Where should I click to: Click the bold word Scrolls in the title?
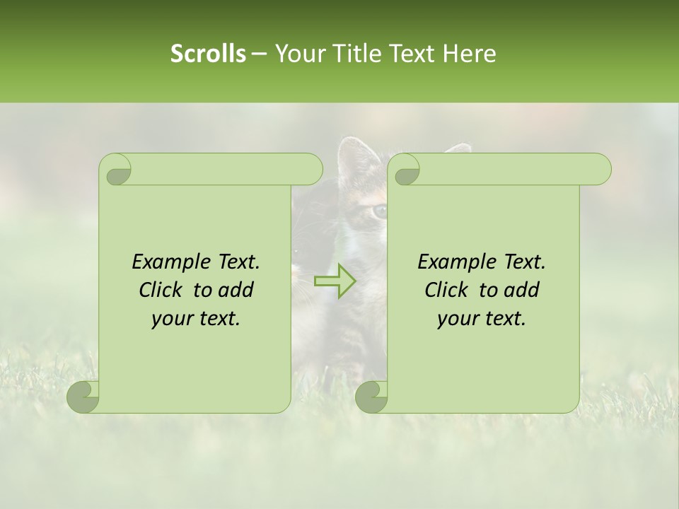pos(208,54)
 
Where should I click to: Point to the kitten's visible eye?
pos(381,210)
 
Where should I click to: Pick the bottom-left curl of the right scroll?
pos(372,396)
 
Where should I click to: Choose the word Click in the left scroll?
pos(155,290)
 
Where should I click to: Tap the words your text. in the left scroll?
pos(196,319)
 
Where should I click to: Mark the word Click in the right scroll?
pos(441,290)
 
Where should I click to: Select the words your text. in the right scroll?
pos(482,319)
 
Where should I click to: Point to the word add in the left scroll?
pos(236,290)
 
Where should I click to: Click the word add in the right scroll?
pos(522,290)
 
